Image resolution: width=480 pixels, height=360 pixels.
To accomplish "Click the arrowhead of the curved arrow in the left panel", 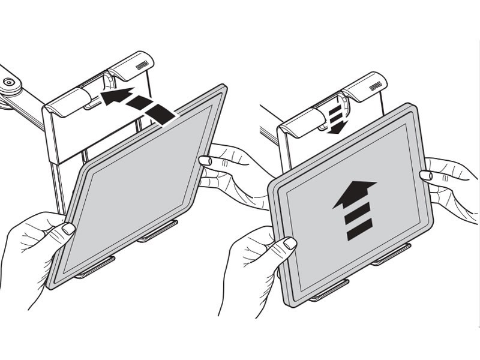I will [x=112, y=97].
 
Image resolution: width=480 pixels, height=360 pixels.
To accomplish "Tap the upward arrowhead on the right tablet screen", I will [x=355, y=193].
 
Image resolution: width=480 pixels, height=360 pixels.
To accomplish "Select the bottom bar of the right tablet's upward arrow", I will [x=359, y=229].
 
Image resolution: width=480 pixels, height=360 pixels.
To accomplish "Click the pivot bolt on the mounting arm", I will [x=9, y=82].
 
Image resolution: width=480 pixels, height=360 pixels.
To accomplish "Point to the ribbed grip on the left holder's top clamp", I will [x=142, y=64].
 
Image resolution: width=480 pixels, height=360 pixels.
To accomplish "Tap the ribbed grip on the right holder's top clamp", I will [x=376, y=86].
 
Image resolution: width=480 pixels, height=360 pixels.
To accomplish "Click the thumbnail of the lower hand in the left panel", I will [x=68, y=229].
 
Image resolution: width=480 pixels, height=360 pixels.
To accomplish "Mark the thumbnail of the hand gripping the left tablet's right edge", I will [x=205, y=160].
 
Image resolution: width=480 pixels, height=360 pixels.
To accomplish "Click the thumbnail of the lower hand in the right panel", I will [x=290, y=243].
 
